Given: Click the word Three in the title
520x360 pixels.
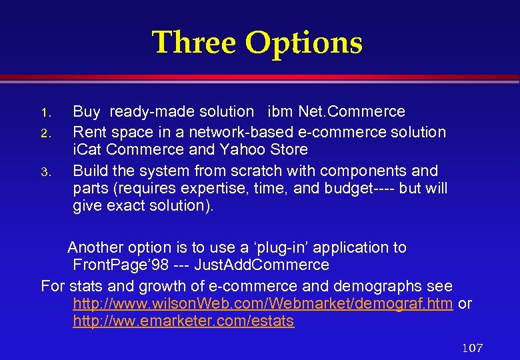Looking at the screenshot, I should click(x=194, y=43).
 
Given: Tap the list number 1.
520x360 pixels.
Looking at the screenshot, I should click(x=45, y=112).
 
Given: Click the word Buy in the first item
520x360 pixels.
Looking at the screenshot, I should click(x=87, y=112).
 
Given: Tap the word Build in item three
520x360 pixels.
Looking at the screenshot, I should click(x=91, y=170).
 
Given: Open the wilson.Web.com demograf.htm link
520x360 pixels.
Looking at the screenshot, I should click(x=263, y=304).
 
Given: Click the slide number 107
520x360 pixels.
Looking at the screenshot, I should click(x=472, y=348).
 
